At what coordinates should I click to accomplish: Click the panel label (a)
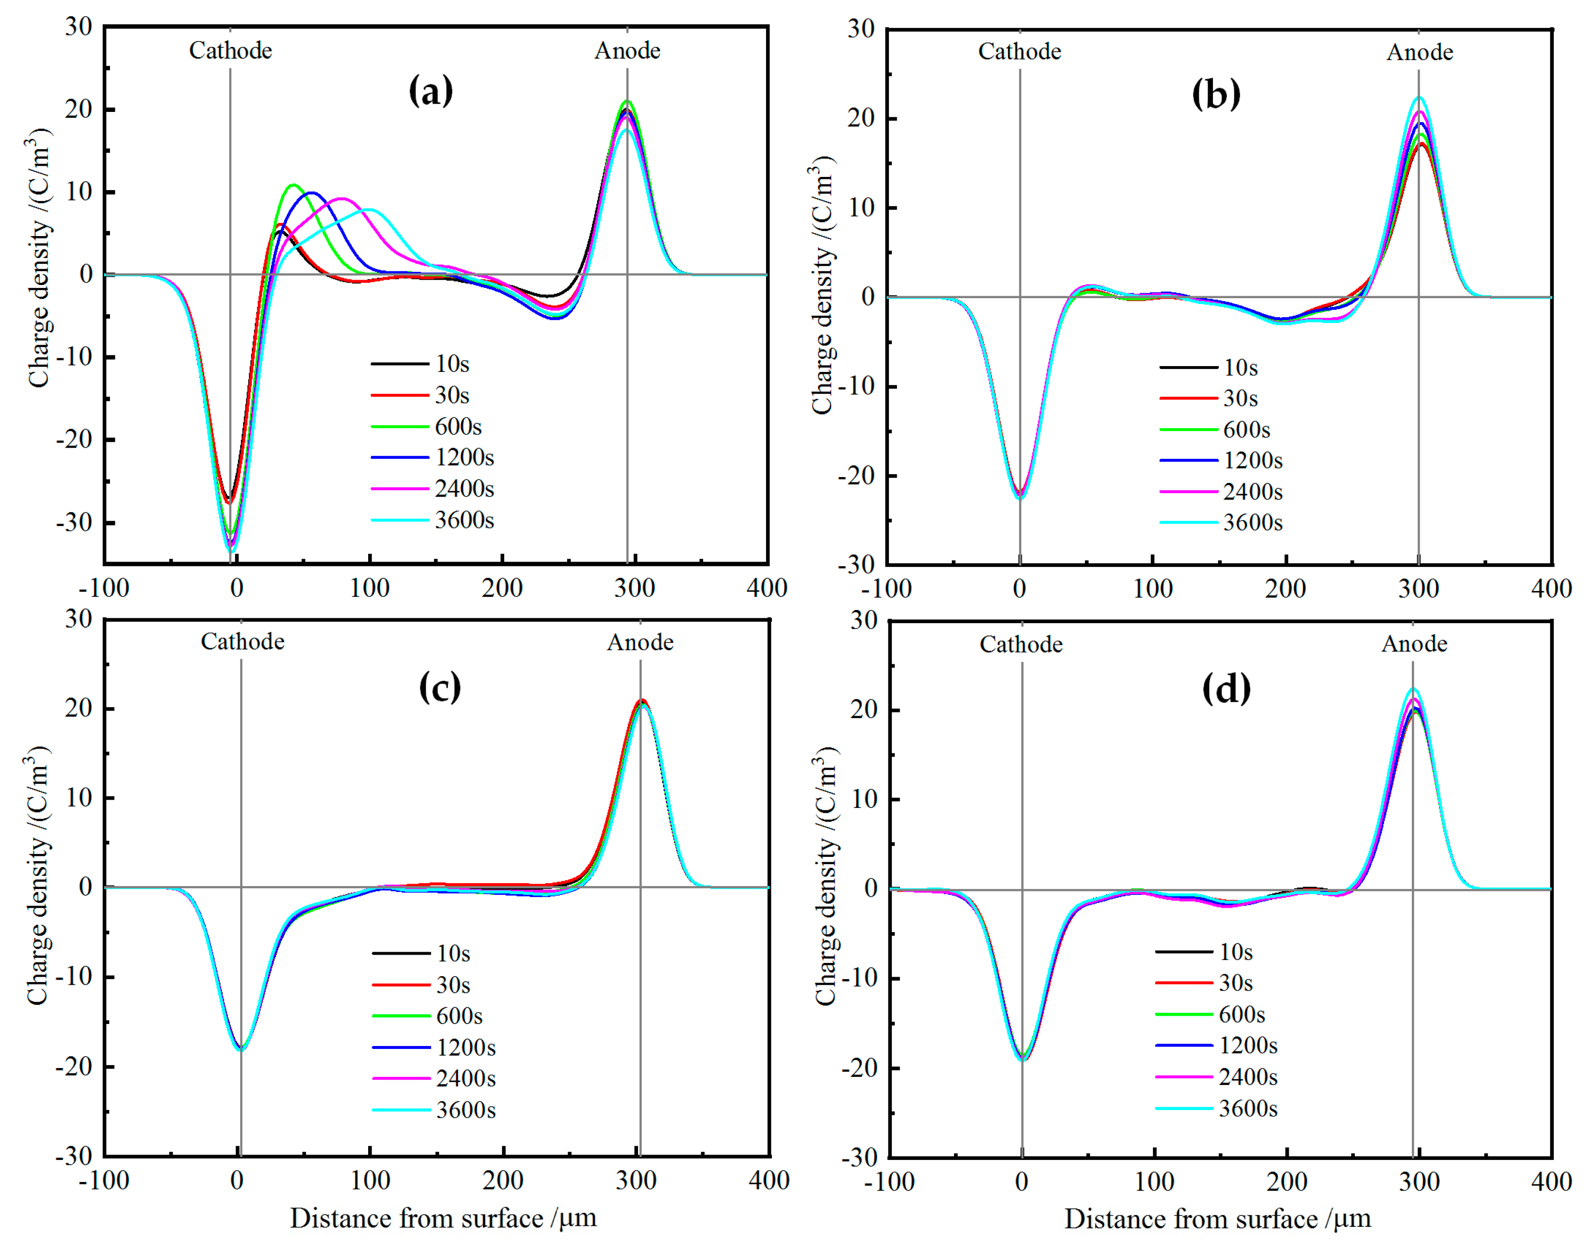tap(431, 91)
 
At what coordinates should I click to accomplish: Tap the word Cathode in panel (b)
tap(1019, 52)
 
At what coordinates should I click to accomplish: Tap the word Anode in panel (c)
tap(640, 643)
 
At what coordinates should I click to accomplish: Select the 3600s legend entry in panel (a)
tap(464, 521)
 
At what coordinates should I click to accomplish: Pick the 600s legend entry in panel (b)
tap(1246, 430)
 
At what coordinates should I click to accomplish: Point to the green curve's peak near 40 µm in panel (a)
tap(293, 185)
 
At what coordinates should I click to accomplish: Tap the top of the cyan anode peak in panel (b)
tap(1418, 97)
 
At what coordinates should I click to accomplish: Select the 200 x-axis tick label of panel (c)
tap(503, 1180)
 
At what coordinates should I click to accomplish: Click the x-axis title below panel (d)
tap(1217, 1219)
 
